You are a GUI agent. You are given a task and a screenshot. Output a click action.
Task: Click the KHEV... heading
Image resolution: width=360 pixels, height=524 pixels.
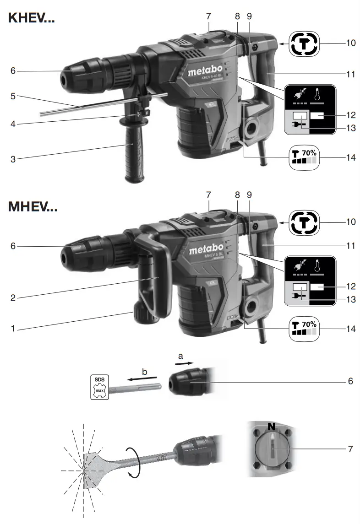pyautogui.click(x=32, y=19)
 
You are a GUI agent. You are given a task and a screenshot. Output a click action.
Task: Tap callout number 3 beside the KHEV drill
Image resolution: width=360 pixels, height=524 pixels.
pyautogui.click(x=13, y=160)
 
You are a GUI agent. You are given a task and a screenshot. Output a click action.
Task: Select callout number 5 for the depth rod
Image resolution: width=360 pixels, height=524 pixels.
pyautogui.click(x=13, y=97)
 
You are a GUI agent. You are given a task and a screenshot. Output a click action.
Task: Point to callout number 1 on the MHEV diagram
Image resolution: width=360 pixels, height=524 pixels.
pyautogui.click(x=13, y=329)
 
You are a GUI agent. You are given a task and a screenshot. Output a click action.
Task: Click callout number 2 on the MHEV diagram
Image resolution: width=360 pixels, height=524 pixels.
pyautogui.click(x=13, y=298)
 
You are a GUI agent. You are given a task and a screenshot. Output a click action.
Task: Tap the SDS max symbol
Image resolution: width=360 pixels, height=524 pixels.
pyautogui.click(x=99, y=386)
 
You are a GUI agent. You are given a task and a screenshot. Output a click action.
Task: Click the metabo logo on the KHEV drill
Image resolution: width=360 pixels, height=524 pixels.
pyautogui.click(x=205, y=71)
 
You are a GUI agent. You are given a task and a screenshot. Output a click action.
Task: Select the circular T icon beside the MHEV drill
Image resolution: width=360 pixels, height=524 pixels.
pyautogui.click(x=303, y=223)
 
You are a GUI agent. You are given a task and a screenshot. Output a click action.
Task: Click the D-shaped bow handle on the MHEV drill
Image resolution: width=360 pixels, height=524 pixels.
pyautogui.click(x=156, y=275)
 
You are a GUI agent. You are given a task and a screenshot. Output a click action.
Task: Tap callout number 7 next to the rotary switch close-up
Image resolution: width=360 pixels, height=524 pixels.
pyautogui.click(x=350, y=449)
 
